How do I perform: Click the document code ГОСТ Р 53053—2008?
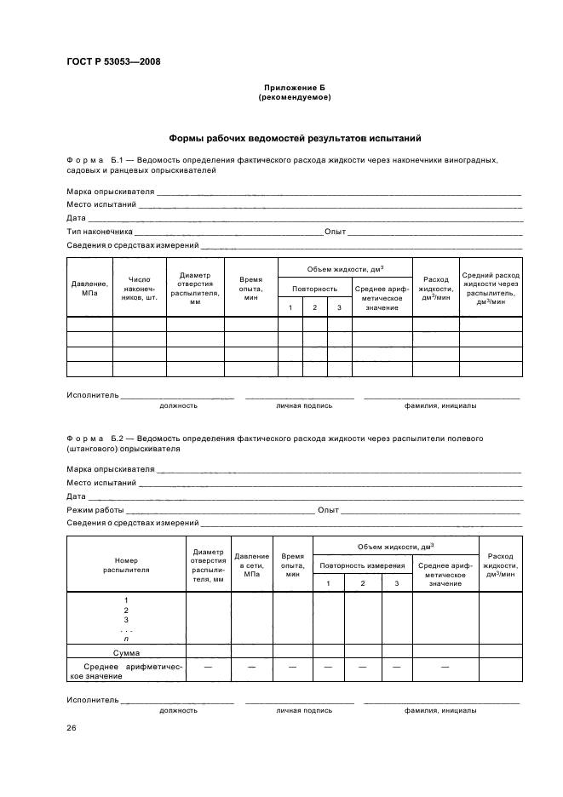[113, 60]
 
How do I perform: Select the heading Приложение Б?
[294, 88]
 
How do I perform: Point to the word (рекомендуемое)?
[294, 97]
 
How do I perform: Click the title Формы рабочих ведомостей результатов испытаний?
[294, 138]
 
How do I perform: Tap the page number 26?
[72, 728]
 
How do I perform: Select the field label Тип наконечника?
[100, 231]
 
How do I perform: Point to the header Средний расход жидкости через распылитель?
[490, 288]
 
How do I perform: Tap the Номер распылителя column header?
[125, 565]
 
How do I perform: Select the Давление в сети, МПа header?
[251, 565]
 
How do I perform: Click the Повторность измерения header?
[362, 565]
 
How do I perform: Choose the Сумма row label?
[125, 652]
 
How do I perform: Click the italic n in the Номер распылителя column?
[126, 639]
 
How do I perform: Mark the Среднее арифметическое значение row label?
[125, 670]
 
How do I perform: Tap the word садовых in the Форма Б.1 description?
[83, 170]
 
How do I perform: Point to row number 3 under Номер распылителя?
[126, 620]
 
